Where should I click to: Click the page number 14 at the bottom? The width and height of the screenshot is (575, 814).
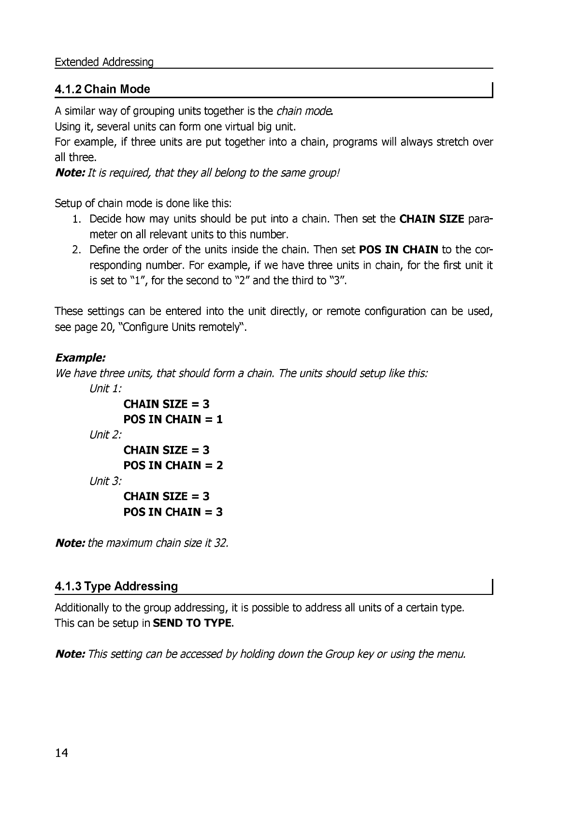pyautogui.click(x=62, y=753)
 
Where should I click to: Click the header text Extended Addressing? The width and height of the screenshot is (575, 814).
pyautogui.click(x=104, y=62)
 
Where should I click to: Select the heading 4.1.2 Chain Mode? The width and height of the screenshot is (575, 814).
pyautogui.click(x=102, y=89)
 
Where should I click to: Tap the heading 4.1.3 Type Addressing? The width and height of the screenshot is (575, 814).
pyautogui.click(x=116, y=586)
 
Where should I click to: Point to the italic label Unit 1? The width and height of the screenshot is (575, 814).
pyautogui.click(x=106, y=389)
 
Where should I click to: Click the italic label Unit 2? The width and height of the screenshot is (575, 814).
pyautogui.click(x=106, y=435)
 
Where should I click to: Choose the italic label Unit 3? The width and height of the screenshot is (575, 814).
pyautogui.click(x=106, y=481)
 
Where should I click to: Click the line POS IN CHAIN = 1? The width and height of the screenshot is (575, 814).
pyautogui.click(x=173, y=419)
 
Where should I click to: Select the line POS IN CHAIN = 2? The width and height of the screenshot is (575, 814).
pyautogui.click(x=173, y=465)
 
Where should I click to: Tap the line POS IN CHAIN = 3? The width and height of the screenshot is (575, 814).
pyautogui.click(x=173, y=512)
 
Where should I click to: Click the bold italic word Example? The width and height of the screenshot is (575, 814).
pyautogui.click(x=80, y=358)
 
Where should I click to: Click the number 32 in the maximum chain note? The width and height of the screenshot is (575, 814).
pyautogui.click(x=221, y=543)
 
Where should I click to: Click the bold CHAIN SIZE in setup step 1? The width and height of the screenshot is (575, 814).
pyautogui.click(x=432, y=219)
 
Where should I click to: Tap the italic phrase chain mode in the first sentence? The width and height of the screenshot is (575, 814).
pyautogui.click(x=304, y=111)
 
